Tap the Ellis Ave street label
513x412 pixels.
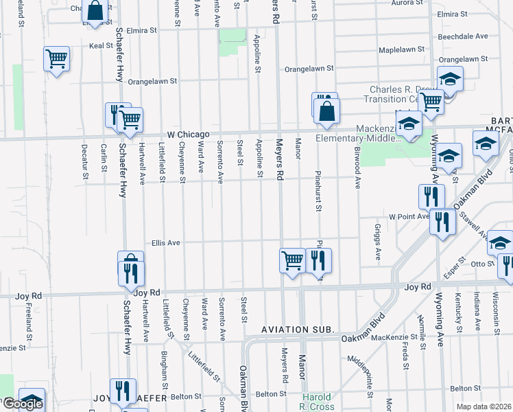pyautogui.click(x=165, y=242)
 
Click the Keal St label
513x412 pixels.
pyautogui.click(x=100, y=46)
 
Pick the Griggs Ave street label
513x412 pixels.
pyautogui.click(x=378, y=242)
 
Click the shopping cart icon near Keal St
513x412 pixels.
pyautogui.click(x=56, y=58)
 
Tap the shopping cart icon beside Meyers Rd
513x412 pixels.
pyautogui.click(x=292, y=260)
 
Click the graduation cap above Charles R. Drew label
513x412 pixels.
pyautogui.click(x=450, y=79)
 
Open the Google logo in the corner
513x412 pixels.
pyautogui.click(x=23, y=404)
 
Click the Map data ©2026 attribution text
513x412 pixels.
pyautogui.click(x=484, y=407)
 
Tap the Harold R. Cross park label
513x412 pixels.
pyautogui.click(x=318, y=402)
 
